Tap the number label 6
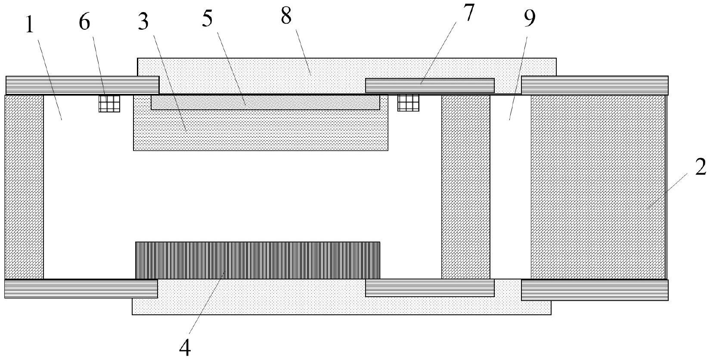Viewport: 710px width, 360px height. pos(84,23)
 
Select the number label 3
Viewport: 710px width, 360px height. pos(143,22)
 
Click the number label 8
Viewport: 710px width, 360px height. pos(286,16)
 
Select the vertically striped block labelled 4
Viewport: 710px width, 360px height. pos(257,260)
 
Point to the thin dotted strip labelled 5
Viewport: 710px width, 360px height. pos(265,102)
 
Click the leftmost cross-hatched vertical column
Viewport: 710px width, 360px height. pos(24,186)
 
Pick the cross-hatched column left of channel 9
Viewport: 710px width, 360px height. pos(465,186)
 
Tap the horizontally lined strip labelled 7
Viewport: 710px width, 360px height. pos(429,85)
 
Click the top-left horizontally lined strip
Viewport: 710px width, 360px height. pos(82,85)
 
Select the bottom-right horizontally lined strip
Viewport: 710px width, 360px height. pos(594,290)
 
